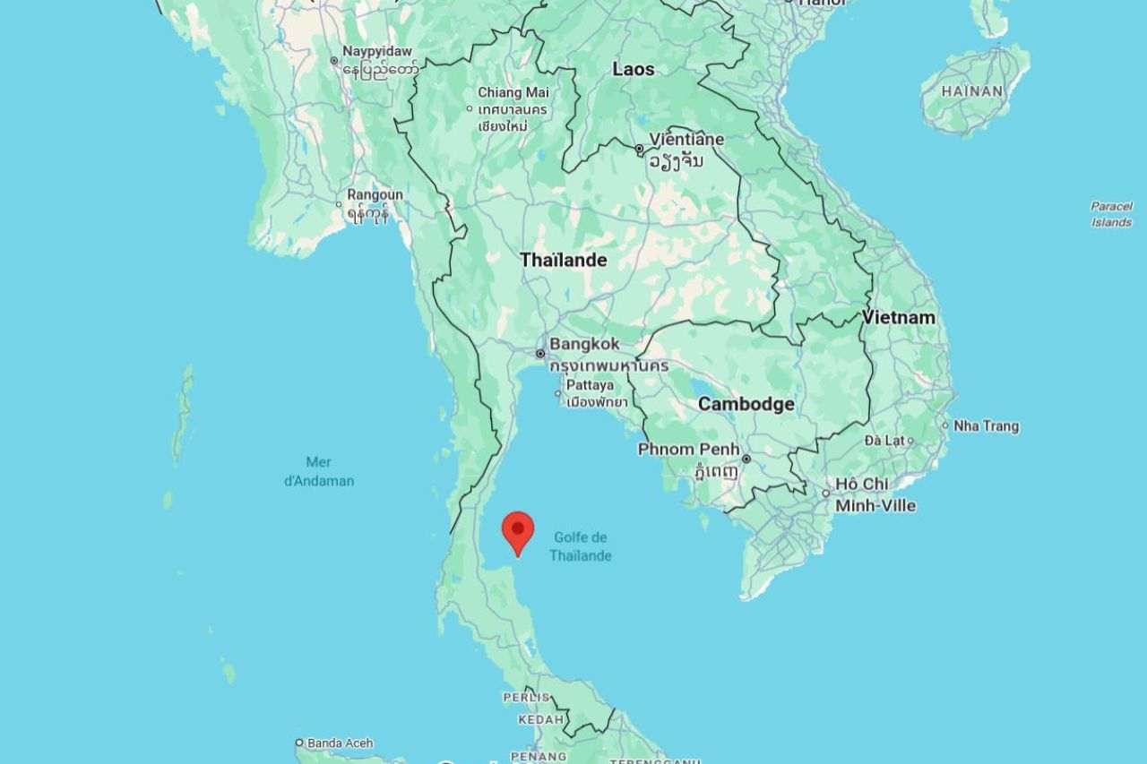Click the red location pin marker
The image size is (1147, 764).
pyautogui.click(x=518, y=530)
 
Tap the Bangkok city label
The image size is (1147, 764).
pyautogui.click(x=583, y=344)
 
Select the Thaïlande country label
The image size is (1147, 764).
pyautogui.click(x=564, y=260)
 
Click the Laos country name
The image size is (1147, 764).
pyautogui.click(x=634, y=69)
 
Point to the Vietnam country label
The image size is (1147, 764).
pyautogui.click(x=899, y=317)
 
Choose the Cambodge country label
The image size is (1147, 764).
pyautogui.click(x=746, y=404)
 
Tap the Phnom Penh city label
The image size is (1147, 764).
pyautogui.click(x=688, y=450)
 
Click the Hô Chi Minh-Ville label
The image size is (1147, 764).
pyautogui.click(x=875, y=494)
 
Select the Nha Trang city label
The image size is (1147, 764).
pyautogui.click(x=986, y=425)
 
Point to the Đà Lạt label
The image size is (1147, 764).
pyautogui.click(x=885, y=440)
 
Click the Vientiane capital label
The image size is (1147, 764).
pyautogui.click(x=686, y=140)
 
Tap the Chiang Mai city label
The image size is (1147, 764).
pyautogui.click(x=513, y=92)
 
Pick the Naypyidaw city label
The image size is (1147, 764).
pyautogui.click(x=376, y=52)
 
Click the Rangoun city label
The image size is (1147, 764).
pyautogui.click(x=375, y=194)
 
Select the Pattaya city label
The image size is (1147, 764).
pyautogui.click(x=590, y=384)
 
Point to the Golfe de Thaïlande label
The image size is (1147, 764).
pyautogui.click(x=580, y=546)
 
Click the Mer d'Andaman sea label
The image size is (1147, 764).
pyautogui.click(x=319, y=471)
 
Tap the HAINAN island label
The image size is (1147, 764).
pyautogui.click(x=973, y=91)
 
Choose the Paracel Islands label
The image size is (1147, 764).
pyautogui.click(x=1111, y=214)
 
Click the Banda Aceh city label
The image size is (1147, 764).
pyautogui.click(x=340, y=743)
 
